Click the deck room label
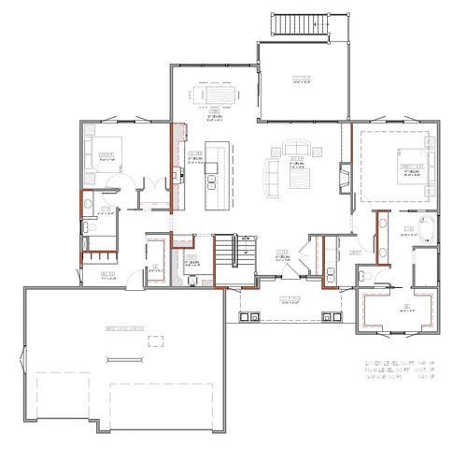(301, 78)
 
